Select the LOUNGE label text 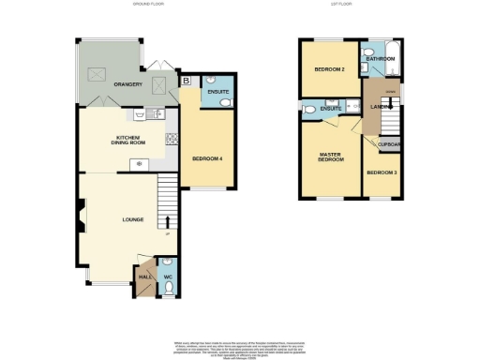[132, 219]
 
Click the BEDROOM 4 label [206, 158]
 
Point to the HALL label [144, 277]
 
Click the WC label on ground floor [168, 277]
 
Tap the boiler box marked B [186, 82]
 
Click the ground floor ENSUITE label [217, 91]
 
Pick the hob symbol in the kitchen [172, 139]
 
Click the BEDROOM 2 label [328, 69]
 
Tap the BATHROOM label [381, 59]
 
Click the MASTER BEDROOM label [329, 157]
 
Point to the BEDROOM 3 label [382, 173]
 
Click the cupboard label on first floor [389, 143]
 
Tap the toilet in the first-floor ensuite [309, 110]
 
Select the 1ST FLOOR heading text [340, 5]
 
